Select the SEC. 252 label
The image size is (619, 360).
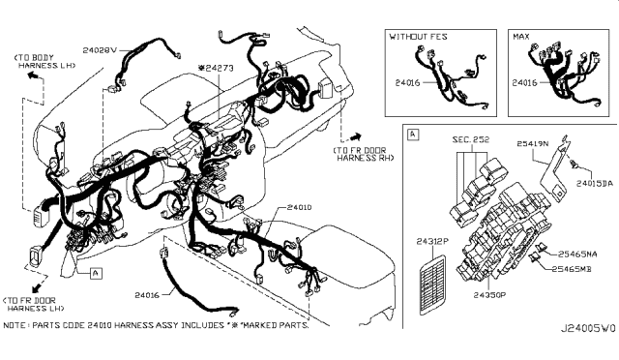coord(470,139)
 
